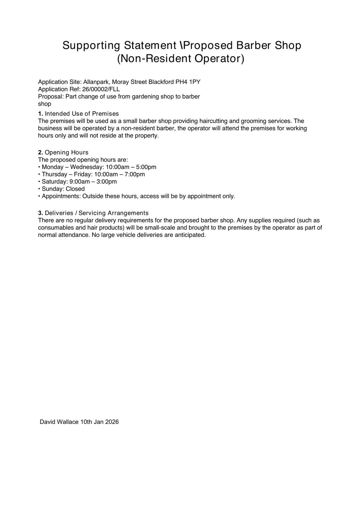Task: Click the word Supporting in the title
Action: tap(91, 45)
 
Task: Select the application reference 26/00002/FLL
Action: tap(101, 89)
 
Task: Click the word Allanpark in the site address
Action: tap(96, 82)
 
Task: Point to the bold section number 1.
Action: tap(40, 114)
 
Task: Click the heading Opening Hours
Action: tap(67, 152)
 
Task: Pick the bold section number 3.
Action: tap(40, 213)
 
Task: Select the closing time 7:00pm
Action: tap(135, 174)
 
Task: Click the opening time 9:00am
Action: tap(79, 182)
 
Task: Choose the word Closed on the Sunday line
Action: tap(75, 189)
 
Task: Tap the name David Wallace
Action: tap(59, 422)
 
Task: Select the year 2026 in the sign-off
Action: tap(112, 422)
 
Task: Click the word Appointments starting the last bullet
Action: tap(61, 196)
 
